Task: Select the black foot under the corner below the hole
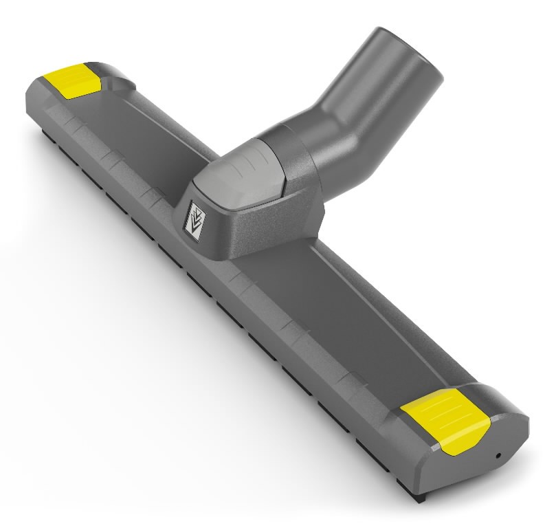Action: click(x=475, y=512)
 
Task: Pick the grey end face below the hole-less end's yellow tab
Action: click(x=41, y=103)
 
